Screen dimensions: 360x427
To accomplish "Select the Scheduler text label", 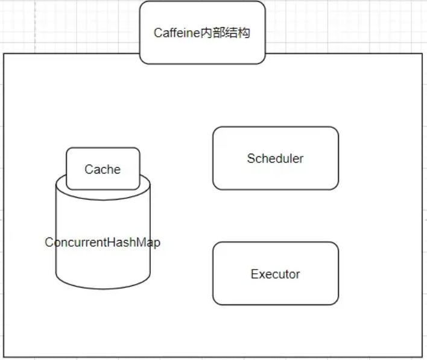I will click(275, 159).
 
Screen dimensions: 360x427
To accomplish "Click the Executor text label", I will click(275, 274).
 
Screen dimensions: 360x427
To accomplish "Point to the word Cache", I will click(103, 169).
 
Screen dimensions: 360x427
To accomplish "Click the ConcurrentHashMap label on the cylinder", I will click(103, 242).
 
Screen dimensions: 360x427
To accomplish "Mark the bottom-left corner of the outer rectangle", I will click(4, 357).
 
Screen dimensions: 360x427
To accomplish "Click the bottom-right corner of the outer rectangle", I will click(422, 357).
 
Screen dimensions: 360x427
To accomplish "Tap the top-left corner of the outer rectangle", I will click(4, 54).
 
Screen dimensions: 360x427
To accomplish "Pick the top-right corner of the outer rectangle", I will click(422, 54).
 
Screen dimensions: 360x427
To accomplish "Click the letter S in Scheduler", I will click(250, 159).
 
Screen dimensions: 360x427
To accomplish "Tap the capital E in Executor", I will click(254, 274).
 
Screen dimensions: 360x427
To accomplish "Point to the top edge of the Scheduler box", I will click(275, 127).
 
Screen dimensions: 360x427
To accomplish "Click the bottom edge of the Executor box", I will click(275, 305).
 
